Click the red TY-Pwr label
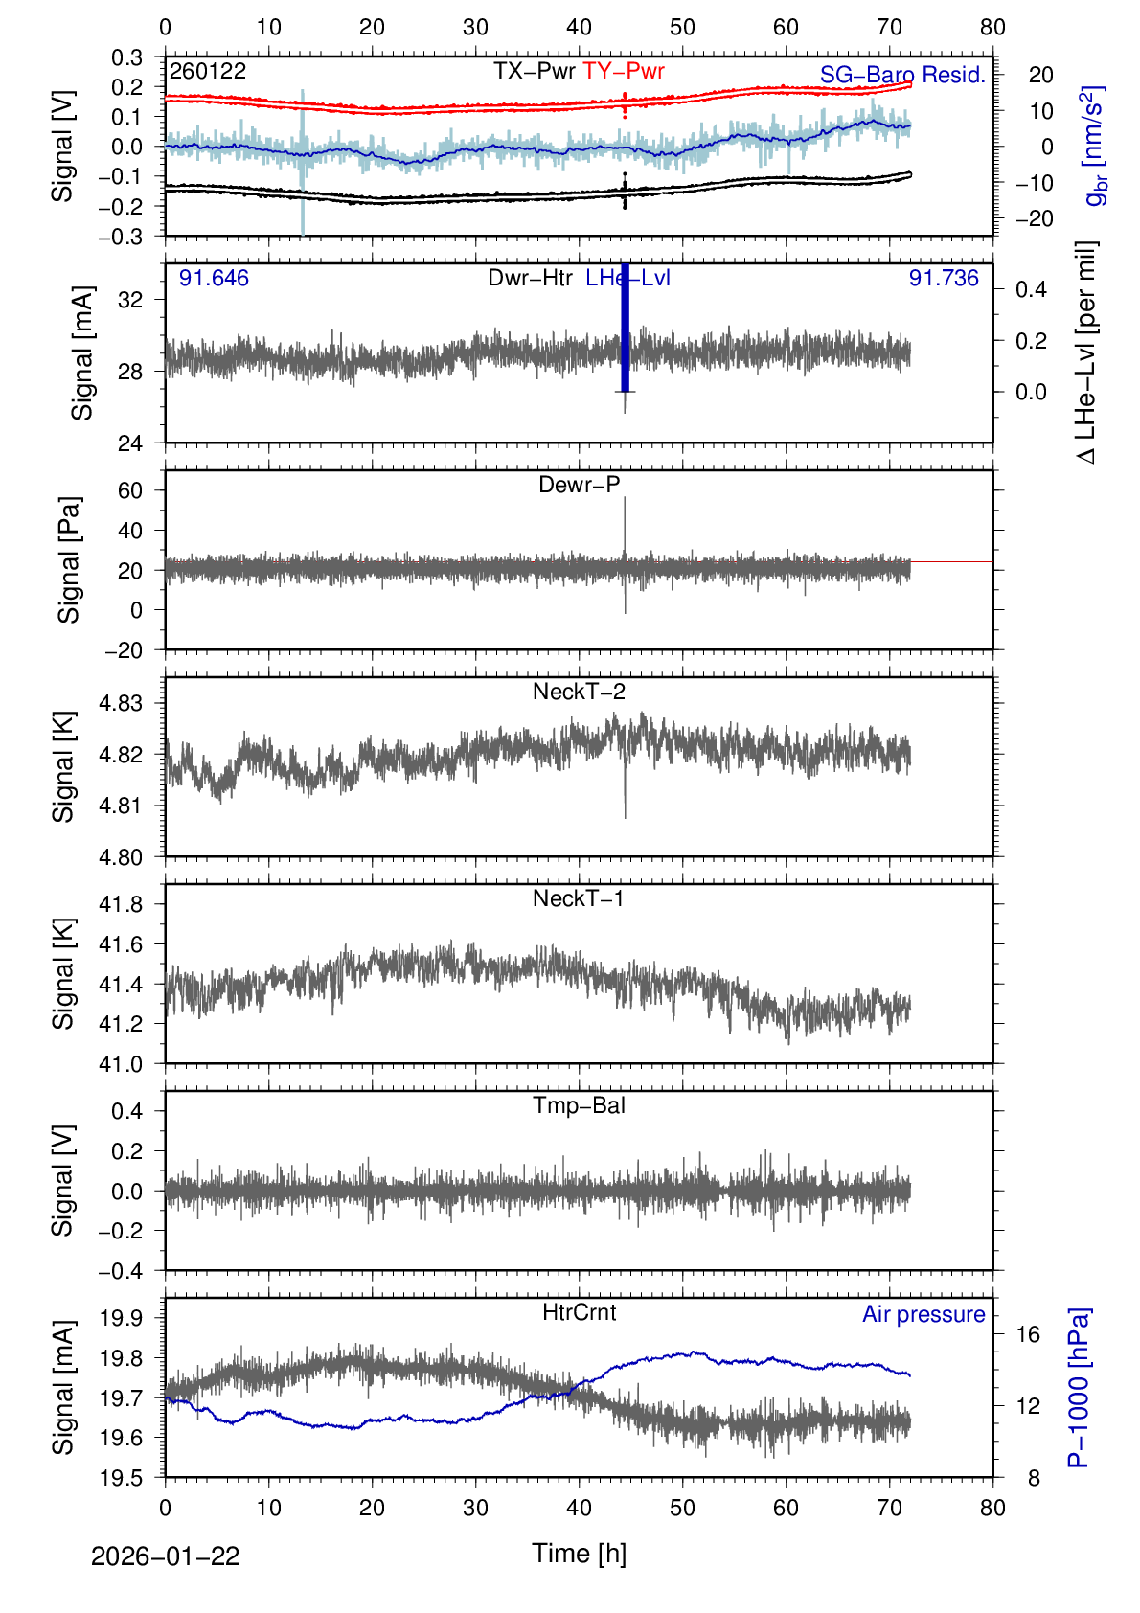click(623, 71)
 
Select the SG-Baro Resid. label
click(902, 75)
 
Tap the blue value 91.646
click(214, 278)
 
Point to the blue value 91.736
click(944, 278)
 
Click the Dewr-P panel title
click(579, 485)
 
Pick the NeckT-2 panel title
click(579, 692)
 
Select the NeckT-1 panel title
click(579, 898)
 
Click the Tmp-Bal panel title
click(579, 1105)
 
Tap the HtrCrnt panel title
click(579, 1312)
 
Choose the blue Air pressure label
click(923, 1314)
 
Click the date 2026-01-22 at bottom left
click(165, 1556)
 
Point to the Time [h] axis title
click(579, 1553)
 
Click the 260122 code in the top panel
click(208, 71)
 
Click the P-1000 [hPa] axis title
click(1079, 1387)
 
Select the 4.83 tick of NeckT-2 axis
click(121, 703)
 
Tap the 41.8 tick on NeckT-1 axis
click(121, 904)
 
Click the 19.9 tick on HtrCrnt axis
click(121, 1318)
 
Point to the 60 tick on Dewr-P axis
click(129, 490)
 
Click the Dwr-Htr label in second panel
click(530, 278)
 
